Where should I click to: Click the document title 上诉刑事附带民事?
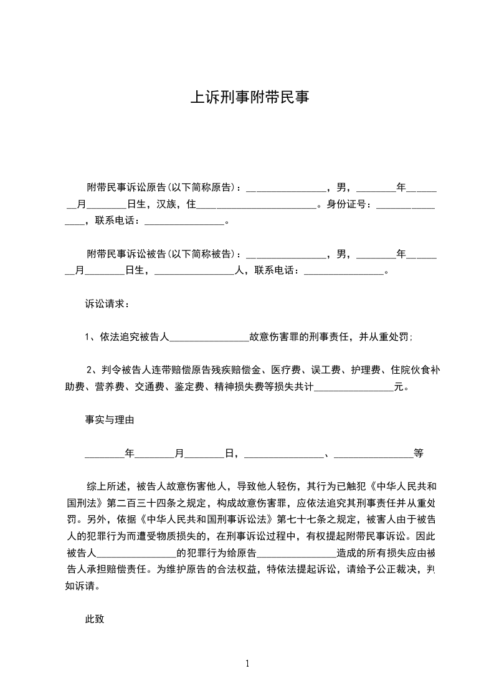pos(249,98)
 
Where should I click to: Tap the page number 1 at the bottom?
pos(247,663)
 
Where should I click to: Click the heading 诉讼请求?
pos(107,305)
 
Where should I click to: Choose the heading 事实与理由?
pos(110,420)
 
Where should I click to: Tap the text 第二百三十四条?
pos(137,502)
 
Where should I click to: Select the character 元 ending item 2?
pos(399,387)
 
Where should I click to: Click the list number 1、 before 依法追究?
pos(89,337)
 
